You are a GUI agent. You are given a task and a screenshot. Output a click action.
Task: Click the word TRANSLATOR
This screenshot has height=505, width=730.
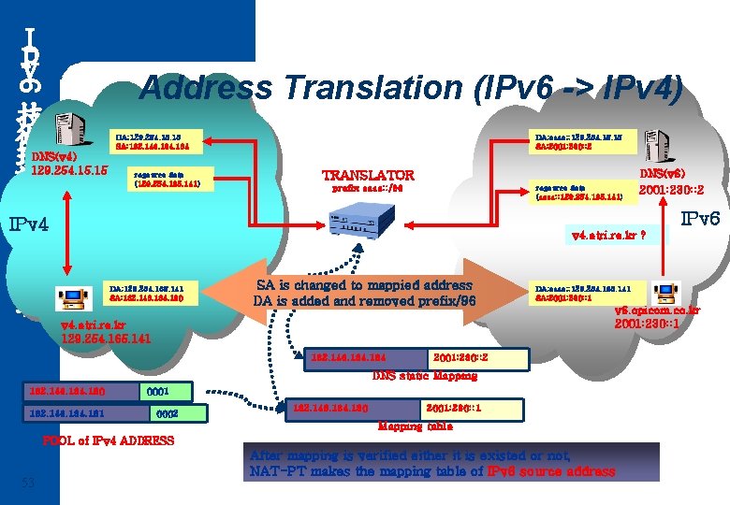pyautogui.click(x=368, y=175)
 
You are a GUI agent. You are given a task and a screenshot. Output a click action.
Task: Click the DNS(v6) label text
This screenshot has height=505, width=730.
pyautogui.click(x=663, y=174)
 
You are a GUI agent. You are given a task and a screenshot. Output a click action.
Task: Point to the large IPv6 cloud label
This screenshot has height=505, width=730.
pyautogui.click(x=699, y=220)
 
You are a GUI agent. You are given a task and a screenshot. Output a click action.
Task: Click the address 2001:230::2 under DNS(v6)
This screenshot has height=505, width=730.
pyautogui.click(x=671, y=191)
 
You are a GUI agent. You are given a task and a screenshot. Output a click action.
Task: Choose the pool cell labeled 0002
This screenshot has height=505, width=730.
pyautogui.click(x=167, y=412)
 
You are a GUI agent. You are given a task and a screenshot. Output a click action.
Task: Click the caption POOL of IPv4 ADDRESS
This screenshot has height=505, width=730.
pyautogui.click(x=109, y=440)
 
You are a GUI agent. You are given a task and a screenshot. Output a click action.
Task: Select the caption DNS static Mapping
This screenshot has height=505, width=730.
pyautogui.click(x=424, y=376)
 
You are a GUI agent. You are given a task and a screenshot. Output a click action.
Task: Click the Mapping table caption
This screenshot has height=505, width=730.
pyautogui.click(x=414, y=426)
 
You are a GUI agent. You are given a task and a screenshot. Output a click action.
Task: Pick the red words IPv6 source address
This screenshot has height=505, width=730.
pyautogui.click(x=551, y=471)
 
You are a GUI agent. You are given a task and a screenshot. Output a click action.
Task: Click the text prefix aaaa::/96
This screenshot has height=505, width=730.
pyautogui.click(x=367, y=188)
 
